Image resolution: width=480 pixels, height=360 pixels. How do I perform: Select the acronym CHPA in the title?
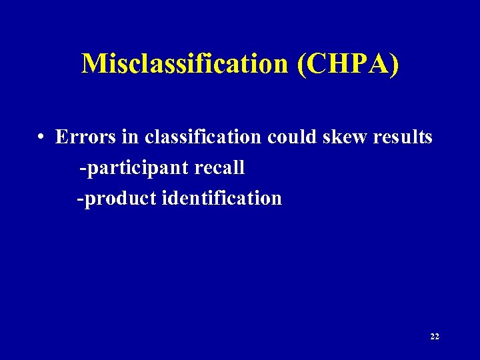pyautogui.click(x=349, y=63)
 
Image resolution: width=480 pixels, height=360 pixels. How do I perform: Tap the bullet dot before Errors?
pyautogui.click(x=41, y=138)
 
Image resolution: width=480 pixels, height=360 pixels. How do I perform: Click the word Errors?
pyautogui.click(x=83, y=137)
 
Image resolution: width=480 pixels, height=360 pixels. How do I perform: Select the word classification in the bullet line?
pyautogui.click(x=203, y=137)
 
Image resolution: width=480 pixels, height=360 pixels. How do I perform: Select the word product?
pyautogui.click(x=119, y=199)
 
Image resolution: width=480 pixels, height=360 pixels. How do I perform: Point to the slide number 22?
pyautogui.click(x=435, y=337)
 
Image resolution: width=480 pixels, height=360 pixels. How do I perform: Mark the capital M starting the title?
pyautogui.click(x=93, y=63)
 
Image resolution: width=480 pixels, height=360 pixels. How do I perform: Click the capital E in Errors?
pyautogui.click(x=61, y=137)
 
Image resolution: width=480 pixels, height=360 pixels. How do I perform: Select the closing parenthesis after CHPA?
pyautogui.click(x=394, y=65)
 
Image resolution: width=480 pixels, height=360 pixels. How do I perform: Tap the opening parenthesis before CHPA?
pyautogui.click(x=303, y=65)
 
